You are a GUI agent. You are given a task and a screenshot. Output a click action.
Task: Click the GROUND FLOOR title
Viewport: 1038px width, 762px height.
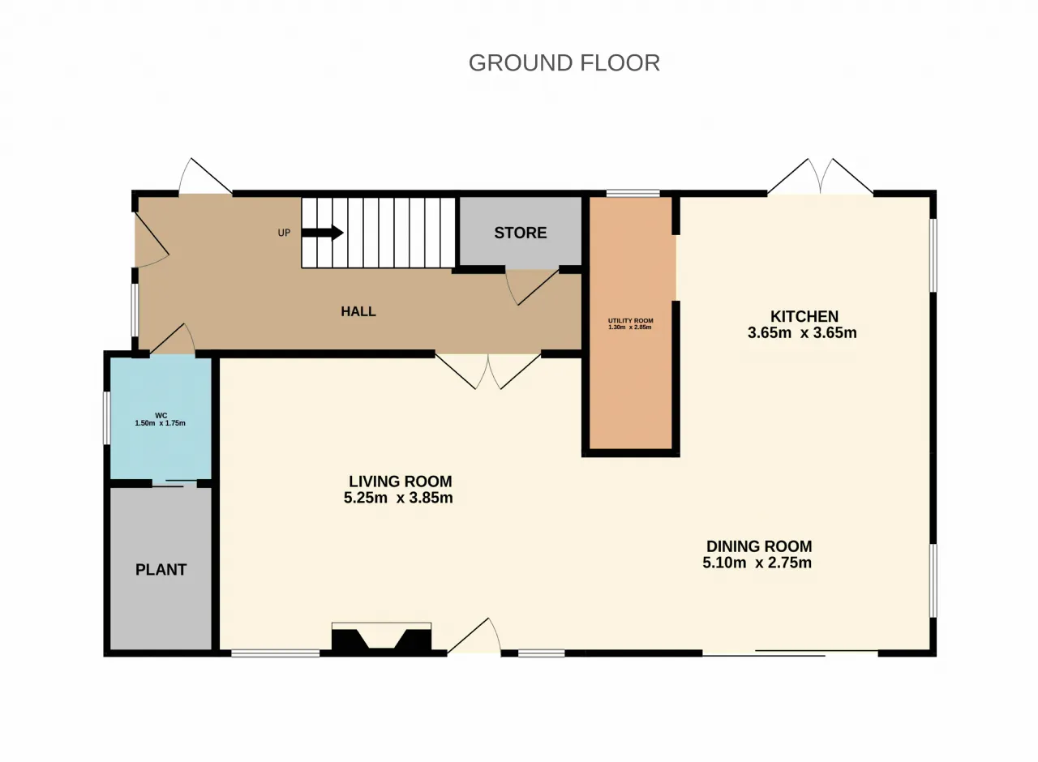pyautogui.click(x=564, y=63)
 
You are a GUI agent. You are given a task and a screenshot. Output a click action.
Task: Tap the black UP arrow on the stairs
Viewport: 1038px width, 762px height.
pyautogui.click(x=322, y=233)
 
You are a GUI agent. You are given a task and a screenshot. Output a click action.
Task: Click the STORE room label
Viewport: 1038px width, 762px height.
pyautogui.click(x=521, y=233)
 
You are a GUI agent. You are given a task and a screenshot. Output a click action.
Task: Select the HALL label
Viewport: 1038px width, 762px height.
pyautogui.click(x=358, y=311)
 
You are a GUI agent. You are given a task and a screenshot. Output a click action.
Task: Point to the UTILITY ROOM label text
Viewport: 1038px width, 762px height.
pyautogui.click(x=631, y=320)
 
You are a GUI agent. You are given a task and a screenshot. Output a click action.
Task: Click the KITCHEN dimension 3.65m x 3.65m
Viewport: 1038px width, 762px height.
pyautogui.click(x=802, y=333)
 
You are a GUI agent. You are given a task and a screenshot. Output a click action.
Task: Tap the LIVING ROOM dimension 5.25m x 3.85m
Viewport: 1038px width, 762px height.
pyautogui.click(x=398, y=498)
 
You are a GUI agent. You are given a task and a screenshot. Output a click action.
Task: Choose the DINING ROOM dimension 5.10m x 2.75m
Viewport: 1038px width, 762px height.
pyautogui.click(x=757, y=563)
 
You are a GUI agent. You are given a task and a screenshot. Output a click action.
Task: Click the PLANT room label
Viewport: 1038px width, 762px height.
pyautogui.click(x=161, y=569)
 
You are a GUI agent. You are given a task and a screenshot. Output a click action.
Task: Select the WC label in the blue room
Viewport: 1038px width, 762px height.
pyautogui.click(x=161, y=416)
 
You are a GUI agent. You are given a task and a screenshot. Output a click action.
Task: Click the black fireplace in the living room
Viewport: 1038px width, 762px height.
pyautogui.click(x=382, y=640)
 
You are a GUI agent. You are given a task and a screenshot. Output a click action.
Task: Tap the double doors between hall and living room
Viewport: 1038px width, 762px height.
pyautogui.click(x=488, y=371)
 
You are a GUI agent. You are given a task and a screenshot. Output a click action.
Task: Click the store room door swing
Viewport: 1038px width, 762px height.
pyautogui.click(x=532, y=287)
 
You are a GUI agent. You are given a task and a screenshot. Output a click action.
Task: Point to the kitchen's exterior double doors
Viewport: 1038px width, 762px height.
pyautogui.click(x=821, y=176)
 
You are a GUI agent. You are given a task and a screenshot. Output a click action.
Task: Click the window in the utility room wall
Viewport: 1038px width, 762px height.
pyautogui.click(x=633, y=193)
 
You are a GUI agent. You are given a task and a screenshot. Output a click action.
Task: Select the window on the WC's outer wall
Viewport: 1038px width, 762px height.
pyautogui.click(x=107, y=418)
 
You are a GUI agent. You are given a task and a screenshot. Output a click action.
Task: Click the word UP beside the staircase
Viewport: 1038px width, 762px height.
pyautogui.click(x=284, y=233)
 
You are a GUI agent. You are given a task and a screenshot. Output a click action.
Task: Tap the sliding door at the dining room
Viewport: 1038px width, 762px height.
pyautogui.click(x=790, y=653)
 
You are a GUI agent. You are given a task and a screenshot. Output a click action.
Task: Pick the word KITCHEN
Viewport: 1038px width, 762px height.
pyautogui.click(x=804, y=316)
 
